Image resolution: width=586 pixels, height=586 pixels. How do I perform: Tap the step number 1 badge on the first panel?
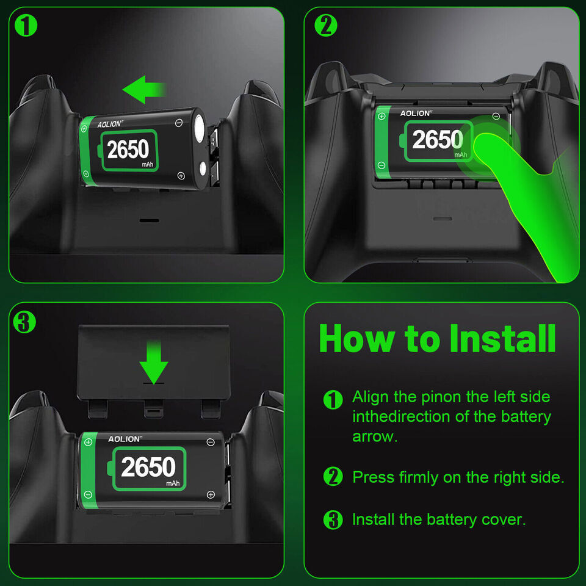click(x=24, y=25)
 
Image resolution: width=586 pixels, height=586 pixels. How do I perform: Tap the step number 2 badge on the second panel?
click(x=326, y=25)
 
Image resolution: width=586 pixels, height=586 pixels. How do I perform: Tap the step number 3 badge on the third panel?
click(x=24, y=322)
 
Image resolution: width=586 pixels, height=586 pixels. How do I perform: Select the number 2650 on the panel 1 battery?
click(x=128, y=149)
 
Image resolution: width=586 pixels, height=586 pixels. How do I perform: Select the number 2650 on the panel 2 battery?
click(x=437, y=140)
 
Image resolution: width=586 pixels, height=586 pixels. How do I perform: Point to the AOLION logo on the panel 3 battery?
click(x=125, y=439)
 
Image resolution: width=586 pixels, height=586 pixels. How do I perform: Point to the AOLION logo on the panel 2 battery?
click(x=416, y=113)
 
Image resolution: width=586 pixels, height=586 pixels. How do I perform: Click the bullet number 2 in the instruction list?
click(x=333, y=477)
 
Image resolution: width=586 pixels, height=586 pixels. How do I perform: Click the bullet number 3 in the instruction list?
click(x=333, y=520)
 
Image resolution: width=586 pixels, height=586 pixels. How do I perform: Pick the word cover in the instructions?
click(x=499, y=519)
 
